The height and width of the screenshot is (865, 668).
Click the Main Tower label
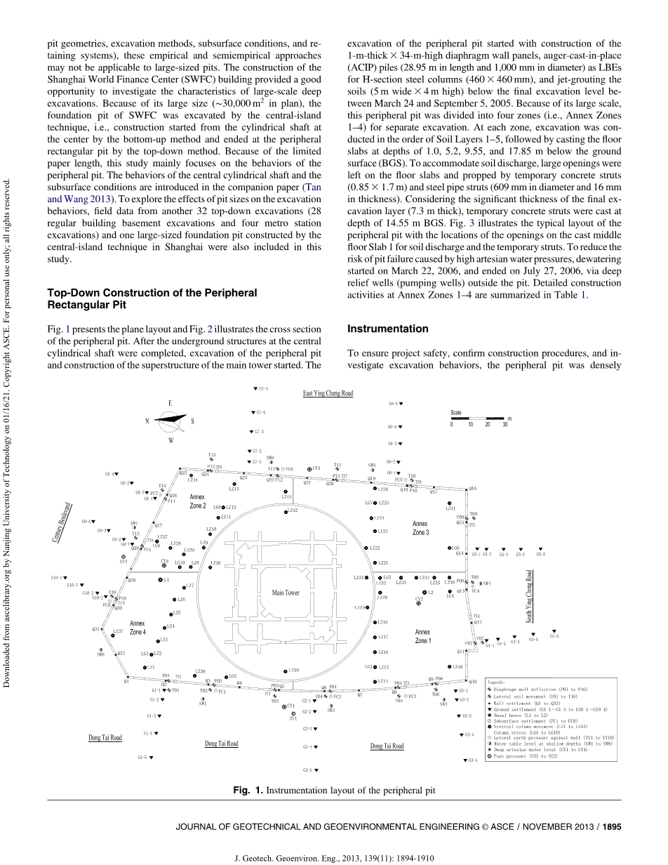[x=286, y=593]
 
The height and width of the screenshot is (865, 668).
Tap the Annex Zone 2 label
[x=198, y=501]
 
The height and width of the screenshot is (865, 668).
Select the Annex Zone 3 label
[x=420, y=528]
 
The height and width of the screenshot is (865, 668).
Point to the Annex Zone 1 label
[x=423, y=636]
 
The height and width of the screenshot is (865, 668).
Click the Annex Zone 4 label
[x=138, y=627]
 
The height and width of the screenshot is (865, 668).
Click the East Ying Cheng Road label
[x=328, y=394]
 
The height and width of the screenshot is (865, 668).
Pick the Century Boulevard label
[x=67, y=522]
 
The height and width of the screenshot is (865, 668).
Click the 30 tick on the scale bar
[x=504, y=424]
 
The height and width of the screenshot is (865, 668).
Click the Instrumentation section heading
[x=388, y=329]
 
